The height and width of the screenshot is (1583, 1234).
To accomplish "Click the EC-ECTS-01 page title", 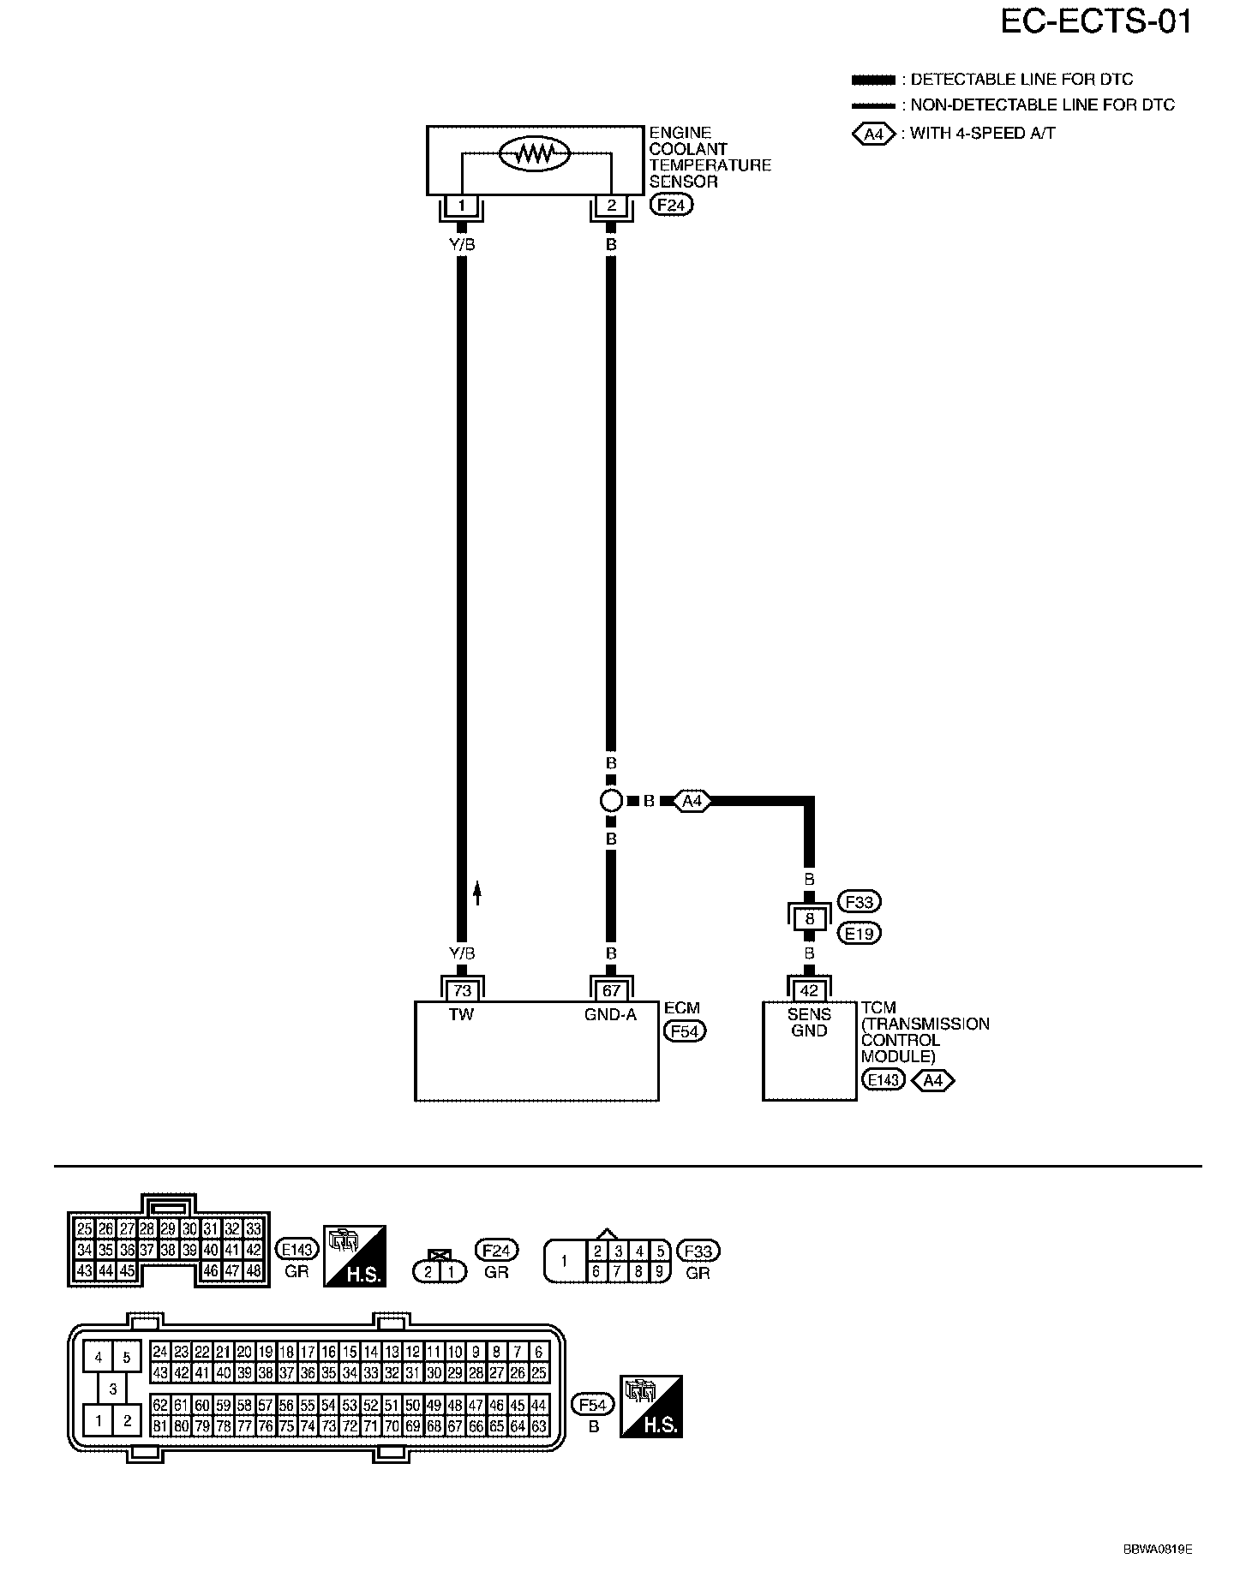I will pyautogui.click(x=1096, y=22).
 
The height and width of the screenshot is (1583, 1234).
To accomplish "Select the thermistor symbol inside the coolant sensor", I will pyautogui.click(x=535, y=154).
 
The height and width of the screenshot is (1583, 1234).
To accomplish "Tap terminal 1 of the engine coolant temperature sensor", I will pyautogui.click(x=462, y=206).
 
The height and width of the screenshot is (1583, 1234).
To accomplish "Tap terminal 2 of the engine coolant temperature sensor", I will pyautogui.click(x=611, y=206).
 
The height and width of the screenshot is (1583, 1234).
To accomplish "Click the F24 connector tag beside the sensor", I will pyautogui.click(x=672, y=206).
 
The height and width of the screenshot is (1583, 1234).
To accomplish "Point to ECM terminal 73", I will pyautogui.click(x=462, y=990).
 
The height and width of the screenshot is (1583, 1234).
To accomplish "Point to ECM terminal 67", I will pyautogui.click(x=611, y=990).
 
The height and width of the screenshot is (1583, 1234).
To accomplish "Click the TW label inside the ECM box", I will pyautogui.click(x=461, y=1014).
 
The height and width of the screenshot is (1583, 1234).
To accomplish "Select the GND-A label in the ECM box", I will pyautogui.click(x=610, y=1014).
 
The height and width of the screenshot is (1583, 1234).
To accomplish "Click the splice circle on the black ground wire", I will pyautogui.click(x=611, y=802).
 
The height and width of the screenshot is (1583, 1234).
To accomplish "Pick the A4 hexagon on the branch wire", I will pyautogui.click(x=692, y=802).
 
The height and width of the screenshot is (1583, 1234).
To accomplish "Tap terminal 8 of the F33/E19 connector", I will pyautogui.click(x=809, y=918).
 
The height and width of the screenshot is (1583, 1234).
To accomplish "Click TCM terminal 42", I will pyautogui.click(x=809, y=990).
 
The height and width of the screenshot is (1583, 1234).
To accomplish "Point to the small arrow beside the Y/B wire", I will pyautogui.click(x=478, y=893).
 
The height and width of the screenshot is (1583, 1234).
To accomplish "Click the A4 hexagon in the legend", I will pyautogui.click(x=874, y=134).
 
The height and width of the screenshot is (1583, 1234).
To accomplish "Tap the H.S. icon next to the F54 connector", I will pyautogui.click(x=651, y=1407).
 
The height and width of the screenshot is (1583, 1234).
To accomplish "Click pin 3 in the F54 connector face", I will pyautogui.click(x=112, y=1389).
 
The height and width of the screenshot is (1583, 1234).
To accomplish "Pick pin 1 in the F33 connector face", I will pyautogui.click(x=564, y=1262).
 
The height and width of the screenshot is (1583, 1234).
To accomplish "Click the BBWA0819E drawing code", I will pyautogui.click(x=1158, y=1550).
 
